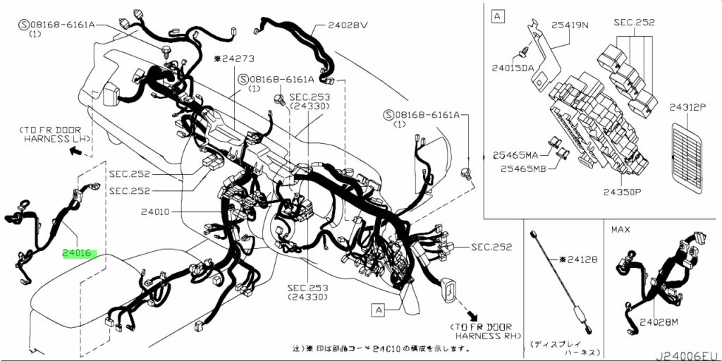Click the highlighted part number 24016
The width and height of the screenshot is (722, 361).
[80, 254]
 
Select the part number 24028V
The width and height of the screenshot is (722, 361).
[348, 25]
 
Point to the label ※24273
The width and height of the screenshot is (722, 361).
[234, 59]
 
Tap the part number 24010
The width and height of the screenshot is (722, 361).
[155, 212]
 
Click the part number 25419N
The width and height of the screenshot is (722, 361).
[570, 25]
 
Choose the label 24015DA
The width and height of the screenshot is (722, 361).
[512, 68]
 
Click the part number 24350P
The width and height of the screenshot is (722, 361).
[623, 192]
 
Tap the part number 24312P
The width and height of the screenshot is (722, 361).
[687, 108]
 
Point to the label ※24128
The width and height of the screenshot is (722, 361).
[578, 259]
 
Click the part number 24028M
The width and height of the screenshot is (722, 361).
[658, 322]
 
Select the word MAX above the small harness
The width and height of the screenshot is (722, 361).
[620, 229]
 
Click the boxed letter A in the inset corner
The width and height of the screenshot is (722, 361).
[497, 17]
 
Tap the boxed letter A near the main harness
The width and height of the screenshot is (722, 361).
[379, 310]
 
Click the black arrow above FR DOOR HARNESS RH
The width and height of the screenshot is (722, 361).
[472, 315]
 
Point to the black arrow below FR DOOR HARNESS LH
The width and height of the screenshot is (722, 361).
[75, 151]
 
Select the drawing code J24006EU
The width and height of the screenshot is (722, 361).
[688, 356]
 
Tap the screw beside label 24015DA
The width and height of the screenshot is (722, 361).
[523, 54]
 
